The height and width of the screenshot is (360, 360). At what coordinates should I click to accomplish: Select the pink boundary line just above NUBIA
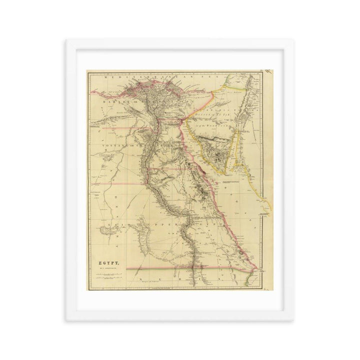click(165, 268)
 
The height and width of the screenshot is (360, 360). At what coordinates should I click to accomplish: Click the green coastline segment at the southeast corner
click(250, 277)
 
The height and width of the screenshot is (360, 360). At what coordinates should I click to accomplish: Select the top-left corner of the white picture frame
click(67, 39)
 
